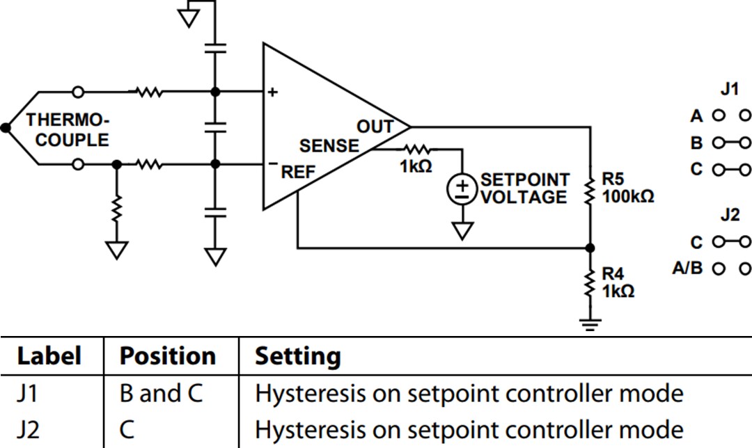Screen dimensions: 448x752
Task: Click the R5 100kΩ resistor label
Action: (x=627, y=189)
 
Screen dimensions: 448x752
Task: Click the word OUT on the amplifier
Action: (x=375, y=127)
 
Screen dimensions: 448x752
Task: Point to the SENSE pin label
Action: (x=329, y=146)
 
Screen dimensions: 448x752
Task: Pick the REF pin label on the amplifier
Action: (x=298, y=172)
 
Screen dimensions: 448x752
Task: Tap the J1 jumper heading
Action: (x=729, y=90)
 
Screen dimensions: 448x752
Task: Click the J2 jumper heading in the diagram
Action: (x=729, y=215)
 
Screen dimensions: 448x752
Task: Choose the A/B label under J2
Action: (x=687, y=268)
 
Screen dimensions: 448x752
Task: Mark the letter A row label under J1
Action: (x=696, y=116)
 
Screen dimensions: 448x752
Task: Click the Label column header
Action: (x=49, y=356)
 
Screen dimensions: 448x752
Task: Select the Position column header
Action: (x=168, y=356)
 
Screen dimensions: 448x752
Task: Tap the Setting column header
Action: (x=298, y=356)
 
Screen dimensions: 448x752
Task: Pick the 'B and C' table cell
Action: (x=161, y=394)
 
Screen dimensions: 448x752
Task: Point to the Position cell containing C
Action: (x=128, y=429)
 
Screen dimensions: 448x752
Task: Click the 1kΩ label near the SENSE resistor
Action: (x=416, y=167)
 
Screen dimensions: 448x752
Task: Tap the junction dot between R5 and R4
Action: (x=590, y=248)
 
